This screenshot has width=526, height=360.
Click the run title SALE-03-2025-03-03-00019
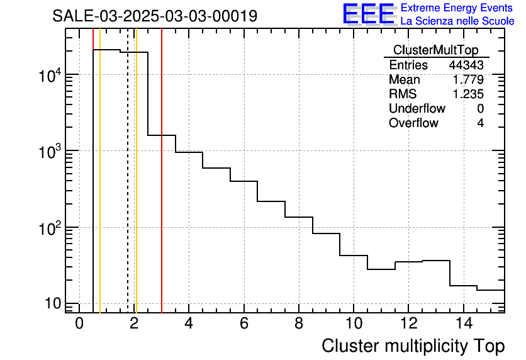click(155, 16)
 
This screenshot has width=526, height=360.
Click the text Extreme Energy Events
click(457, 8)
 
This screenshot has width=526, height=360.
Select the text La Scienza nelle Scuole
click(457, 21)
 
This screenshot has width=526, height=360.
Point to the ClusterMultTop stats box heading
click(435, 50)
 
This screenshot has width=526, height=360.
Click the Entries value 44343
click(466, 65)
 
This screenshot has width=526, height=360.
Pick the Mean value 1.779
click(469, 80)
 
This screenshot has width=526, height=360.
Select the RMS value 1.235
click(469, 94)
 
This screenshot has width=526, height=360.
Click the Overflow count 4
click(480, 123)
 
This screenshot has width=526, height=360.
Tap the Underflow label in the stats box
click(417, 109)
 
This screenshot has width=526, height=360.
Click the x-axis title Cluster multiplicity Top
click(413, 346)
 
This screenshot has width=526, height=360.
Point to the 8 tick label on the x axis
click(299, 324)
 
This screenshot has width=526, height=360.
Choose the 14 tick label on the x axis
click(463, 324)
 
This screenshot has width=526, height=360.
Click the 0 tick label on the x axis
click(79, 324)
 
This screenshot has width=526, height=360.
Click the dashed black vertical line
click(128, 189)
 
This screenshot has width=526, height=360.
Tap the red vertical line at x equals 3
click(162, 189)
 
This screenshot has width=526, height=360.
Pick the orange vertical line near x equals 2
click(136, 189)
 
